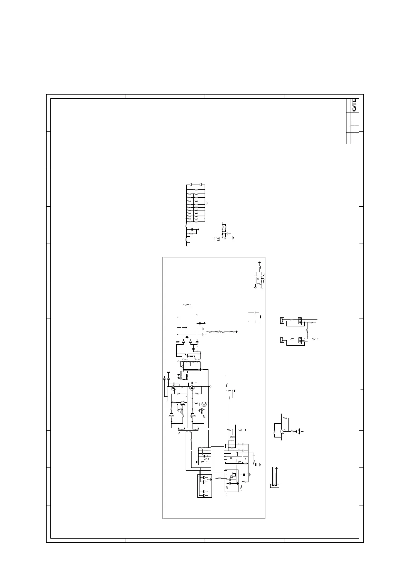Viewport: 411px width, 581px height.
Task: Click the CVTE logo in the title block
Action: pyautogui.click(x=354, y=105)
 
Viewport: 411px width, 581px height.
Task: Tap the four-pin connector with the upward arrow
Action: pyautogui.click(x=275, y=486)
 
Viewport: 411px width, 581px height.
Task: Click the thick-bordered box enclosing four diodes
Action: pyautogui.click(x=205, y=486)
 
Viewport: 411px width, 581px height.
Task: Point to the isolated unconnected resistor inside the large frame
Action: pyautogui.click(x=187, y=305)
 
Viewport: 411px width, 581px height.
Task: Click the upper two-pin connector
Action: pyautogui.click(x=282, y=320)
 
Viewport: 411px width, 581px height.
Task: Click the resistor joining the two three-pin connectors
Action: pyautogui.click(x=307, y=331)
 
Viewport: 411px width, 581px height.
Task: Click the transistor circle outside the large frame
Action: pyautogui.click(x=283, y=431)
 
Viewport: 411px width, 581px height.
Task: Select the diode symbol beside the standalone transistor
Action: pyautogui.click(x=299, y=431)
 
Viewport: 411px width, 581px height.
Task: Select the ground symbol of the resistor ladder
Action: pyautogui.click(x=207, y=203)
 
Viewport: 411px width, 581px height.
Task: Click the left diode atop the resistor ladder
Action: pyautogui.click(x=191, y=185)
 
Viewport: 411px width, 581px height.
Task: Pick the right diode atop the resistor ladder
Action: pyautogui.click(x=200, y=185)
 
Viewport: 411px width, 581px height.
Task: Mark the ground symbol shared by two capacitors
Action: pyautogui.click(x=261, y=317)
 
